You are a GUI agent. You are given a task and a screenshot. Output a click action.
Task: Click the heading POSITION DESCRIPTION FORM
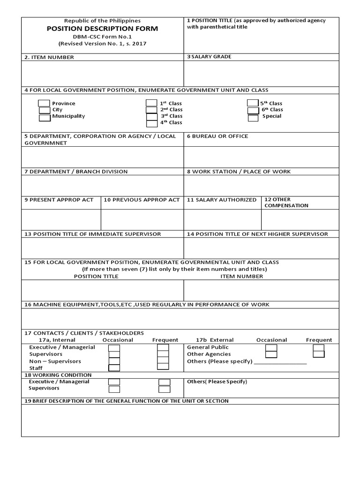click(x=102, y=29)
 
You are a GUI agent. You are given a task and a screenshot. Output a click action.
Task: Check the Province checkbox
click(x=44, y=104)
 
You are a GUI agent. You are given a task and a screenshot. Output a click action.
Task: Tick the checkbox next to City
click(x=45, y=111)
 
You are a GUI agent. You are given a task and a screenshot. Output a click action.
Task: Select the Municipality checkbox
click(x=45, y=118)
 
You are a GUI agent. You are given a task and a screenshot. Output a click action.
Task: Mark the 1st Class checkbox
click(x=151, y=103)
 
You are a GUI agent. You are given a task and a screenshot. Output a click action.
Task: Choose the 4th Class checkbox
click(x=152, y=124)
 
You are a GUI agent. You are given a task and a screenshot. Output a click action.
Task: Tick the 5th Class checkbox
click(x=253, y=103)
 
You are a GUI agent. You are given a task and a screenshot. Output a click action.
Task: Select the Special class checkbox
click(x=253, y=118)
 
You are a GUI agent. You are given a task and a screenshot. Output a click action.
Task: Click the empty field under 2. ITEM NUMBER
click(x=102, y=74)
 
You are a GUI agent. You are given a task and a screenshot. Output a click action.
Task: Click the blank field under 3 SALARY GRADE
click(x=261, y=74)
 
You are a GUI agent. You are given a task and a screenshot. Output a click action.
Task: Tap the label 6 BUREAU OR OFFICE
click(x=217, y=136)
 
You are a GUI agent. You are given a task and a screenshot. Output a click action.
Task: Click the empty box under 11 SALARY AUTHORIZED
click(x=222, y=219)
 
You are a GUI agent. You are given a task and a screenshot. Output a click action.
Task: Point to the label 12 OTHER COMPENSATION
click(x=286, y=202)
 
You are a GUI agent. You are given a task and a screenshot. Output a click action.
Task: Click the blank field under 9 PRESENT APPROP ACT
click(x=61, y=219)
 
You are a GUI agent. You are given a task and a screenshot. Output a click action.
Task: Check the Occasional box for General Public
click(x=271, y=348)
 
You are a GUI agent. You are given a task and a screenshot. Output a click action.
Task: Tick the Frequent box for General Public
click(x=319, y=348)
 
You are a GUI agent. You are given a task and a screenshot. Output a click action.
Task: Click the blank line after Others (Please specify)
click(x=280, y=362)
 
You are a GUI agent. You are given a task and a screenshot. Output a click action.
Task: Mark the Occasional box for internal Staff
click(x=114, y=368)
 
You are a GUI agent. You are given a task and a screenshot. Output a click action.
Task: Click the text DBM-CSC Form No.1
click(x=102, y=37)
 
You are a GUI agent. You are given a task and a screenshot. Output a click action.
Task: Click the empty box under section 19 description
click(x=180, y=420)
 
